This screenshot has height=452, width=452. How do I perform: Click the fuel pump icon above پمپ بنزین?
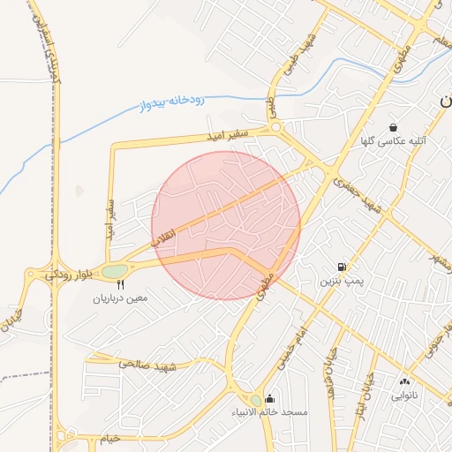(341, 267)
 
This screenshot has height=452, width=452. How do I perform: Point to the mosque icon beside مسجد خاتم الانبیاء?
(269, 399)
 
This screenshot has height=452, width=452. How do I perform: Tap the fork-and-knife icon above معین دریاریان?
(121, 284)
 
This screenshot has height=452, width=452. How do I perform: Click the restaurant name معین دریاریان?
(121, 298)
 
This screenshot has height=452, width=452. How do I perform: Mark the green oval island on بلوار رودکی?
(115, 272)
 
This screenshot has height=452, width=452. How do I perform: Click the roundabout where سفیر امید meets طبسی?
(277, 128)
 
